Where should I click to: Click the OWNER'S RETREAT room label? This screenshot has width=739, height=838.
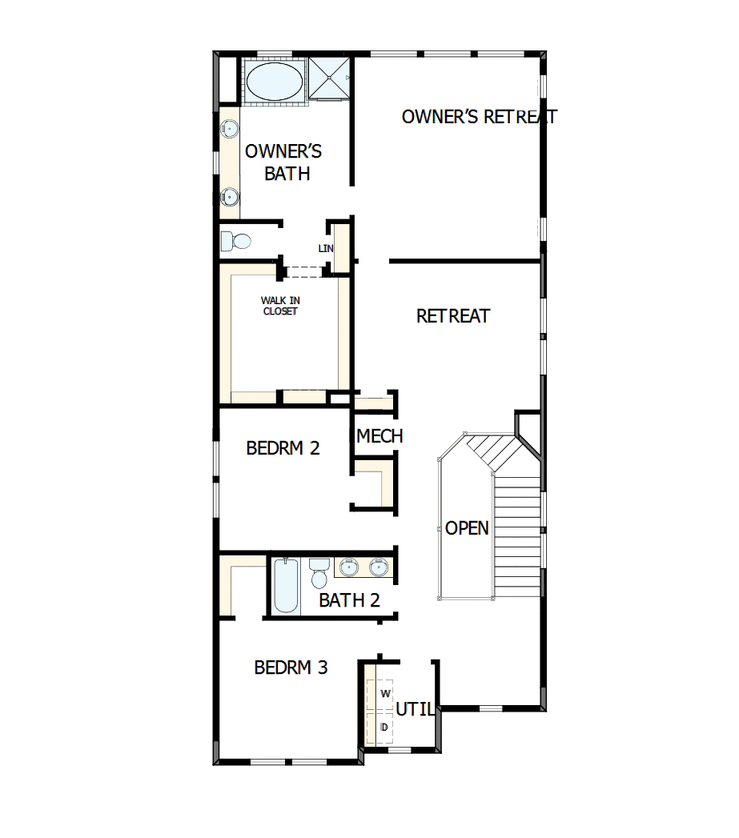(x=479, y=117)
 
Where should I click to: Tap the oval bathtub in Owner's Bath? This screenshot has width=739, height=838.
(x=274, y=82)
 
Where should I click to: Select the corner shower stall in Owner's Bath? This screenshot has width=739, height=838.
(x=330, y=78)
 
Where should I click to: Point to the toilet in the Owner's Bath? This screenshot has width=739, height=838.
(x=237, y=240)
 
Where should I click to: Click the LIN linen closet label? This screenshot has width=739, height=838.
(x=325, y=248)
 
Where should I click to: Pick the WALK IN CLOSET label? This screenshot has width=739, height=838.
(x=279, y=306)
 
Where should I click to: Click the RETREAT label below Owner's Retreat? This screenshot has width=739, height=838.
(x=452, y=316)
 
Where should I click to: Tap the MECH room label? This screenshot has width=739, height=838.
(x=380, y=436)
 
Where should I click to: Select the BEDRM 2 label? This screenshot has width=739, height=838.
(x=283, y=448)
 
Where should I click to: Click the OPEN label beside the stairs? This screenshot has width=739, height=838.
(x=467, y=528)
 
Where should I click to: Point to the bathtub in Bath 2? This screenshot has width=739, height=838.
(x=284, y=586)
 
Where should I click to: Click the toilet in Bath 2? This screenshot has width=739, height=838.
(x=319, y=572)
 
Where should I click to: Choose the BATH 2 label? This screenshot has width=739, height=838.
(x=349, y=600)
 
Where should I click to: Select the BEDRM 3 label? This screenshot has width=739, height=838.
(x=291, y=668)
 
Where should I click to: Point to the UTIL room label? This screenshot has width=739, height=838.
(x=416, y=709)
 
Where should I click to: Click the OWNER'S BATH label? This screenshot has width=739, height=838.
(x=283, y=162)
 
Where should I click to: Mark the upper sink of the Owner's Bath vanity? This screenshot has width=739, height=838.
(x=230, y=127)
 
